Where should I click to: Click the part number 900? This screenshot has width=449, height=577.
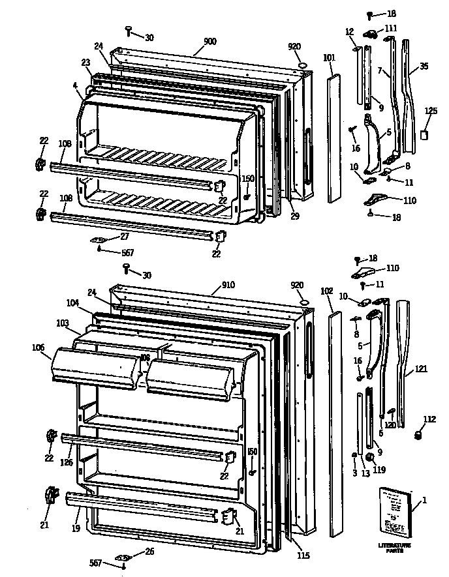(209, 41)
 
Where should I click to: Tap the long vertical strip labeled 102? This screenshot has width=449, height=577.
(335, 424)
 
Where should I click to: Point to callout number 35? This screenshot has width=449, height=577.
(424, 66)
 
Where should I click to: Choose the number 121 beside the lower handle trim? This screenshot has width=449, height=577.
(420, 369)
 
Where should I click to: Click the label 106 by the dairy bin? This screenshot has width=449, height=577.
(38, 347)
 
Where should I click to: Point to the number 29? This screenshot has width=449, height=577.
(294, 216)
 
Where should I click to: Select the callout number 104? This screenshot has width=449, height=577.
(72, 303)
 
